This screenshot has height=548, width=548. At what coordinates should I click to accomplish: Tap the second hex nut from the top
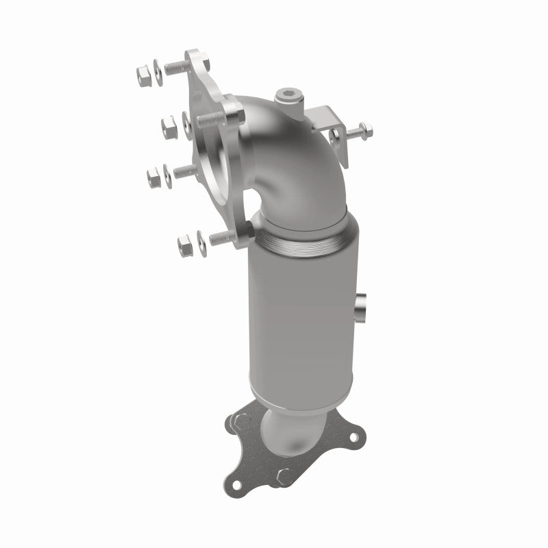click(168, 125)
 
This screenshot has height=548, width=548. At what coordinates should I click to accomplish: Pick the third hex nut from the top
click(154, 176)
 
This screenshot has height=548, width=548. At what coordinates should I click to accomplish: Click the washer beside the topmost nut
click(158, 68)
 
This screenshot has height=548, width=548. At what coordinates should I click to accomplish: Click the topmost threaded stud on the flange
click(176, 67)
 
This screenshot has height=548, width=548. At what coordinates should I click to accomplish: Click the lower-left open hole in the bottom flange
click(236, 484)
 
